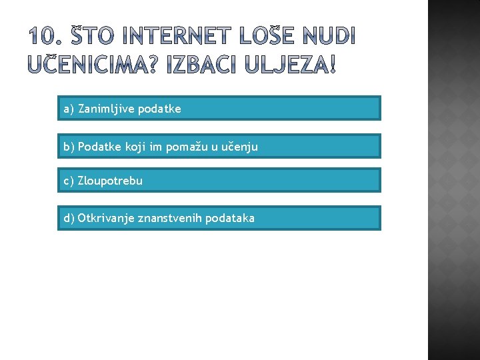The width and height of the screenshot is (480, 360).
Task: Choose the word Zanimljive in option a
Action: tap(106, 108)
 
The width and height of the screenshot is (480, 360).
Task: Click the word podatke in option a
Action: tap(159, 108)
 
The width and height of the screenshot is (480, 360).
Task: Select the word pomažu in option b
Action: tap(186, 147)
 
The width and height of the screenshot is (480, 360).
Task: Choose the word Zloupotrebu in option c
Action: tap(110, 181)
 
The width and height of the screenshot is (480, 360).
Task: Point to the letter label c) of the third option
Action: tap(69, 181)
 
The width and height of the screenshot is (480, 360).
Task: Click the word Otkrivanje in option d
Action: tap(106, 218)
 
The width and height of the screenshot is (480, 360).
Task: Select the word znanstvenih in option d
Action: tap(169, 218)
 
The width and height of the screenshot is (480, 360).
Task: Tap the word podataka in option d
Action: tap(230, 218)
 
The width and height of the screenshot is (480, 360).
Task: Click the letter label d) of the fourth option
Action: tap(69, 218)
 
